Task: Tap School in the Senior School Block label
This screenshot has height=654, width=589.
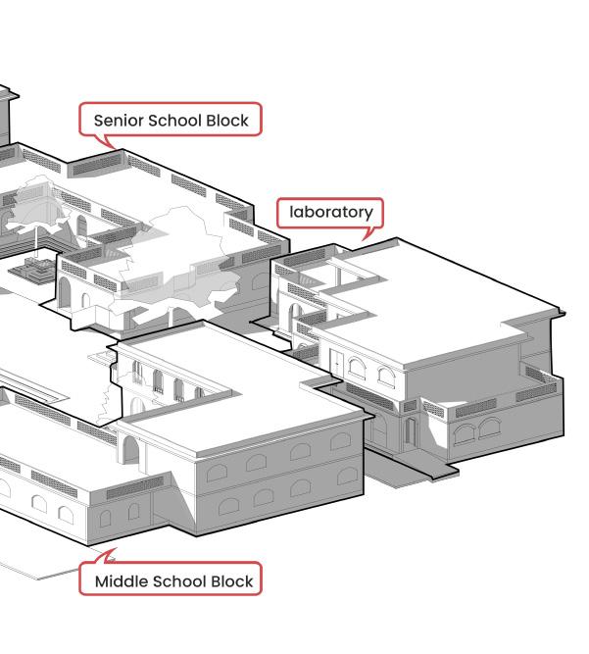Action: pos(174,121)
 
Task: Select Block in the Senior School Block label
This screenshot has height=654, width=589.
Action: pos(227,121)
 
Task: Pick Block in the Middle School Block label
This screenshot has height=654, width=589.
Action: pos(230,581)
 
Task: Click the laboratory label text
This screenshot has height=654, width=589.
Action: pos(331,212)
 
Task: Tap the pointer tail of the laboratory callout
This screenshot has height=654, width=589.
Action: pos(368,234)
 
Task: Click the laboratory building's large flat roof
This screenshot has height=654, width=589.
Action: pos(441,294)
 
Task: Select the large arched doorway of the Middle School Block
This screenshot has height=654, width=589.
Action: pos(130,450)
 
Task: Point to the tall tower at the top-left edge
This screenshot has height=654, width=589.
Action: pos(6,113)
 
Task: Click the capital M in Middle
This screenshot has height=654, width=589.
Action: pos(102,581)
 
